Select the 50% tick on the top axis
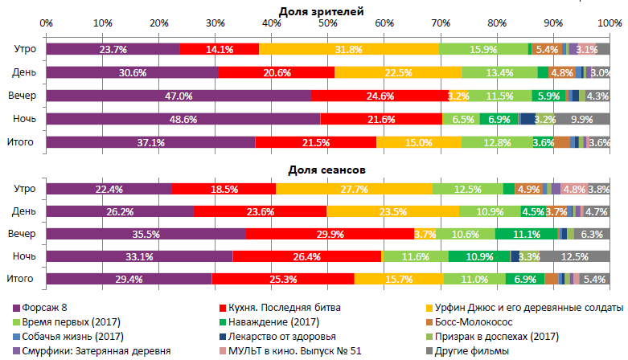[328, 23]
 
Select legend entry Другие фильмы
[470, 351]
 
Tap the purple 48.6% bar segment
[183, 119]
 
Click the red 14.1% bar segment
[219, 49]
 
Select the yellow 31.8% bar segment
[349, 49]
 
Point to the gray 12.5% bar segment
[575, 256]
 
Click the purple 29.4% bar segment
[129, 279]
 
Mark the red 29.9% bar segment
[330, 234]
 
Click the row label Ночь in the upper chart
[23, 119]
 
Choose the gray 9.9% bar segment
[582, 119]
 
